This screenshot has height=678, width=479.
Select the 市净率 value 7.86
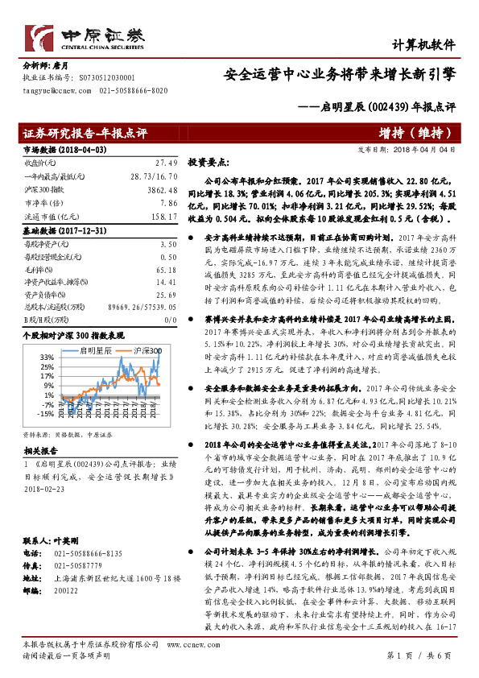[x=167, y=204]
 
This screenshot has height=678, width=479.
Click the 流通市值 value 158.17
[x=163, y=216]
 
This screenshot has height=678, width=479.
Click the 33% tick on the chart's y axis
[x=47, y=356]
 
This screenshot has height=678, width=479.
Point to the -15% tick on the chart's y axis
[x=45, y=414]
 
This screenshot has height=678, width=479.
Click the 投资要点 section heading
[x=209, y=161]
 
